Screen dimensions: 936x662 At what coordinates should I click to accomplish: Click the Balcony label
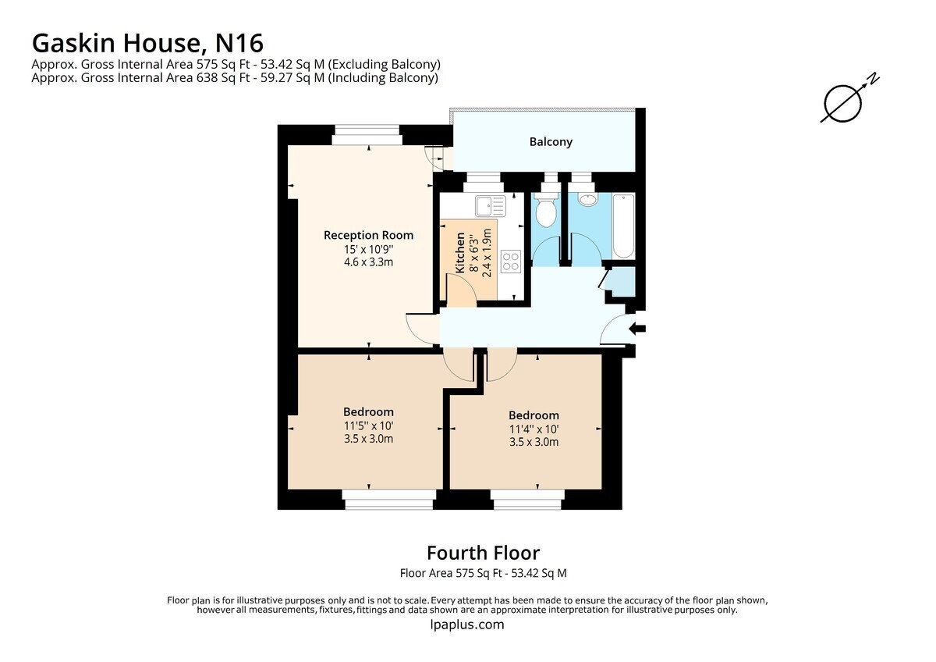click(x=551, y=142)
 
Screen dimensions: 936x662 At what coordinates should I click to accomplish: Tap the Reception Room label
click(x=368, y=236)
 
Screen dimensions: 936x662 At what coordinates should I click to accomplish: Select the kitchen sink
click(x=490, y=206)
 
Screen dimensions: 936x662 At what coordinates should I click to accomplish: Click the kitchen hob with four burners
click(x=511, y=262)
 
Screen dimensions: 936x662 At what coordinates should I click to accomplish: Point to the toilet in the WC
click(x=546, y=210)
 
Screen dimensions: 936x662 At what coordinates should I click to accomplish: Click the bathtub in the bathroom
click(x=623, y=226)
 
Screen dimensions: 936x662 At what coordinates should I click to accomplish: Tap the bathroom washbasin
click(x=588, y=200)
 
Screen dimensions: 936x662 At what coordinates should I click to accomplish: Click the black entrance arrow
click(x=637, y=329)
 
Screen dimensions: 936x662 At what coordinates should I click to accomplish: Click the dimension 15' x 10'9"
click(x=368, y=250)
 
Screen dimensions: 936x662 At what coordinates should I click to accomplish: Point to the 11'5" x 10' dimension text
click(x=368, y=426)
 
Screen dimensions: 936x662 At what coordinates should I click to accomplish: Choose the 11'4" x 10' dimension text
click(x=534, y=429)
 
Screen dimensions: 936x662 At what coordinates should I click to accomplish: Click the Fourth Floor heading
click(x=483, y=553)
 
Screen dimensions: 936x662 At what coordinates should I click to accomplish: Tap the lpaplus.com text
click(x=466, y=625)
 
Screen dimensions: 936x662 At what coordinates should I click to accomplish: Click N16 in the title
click(x=239, y=43)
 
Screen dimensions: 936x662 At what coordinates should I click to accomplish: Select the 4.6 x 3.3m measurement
click(x=368, y=262)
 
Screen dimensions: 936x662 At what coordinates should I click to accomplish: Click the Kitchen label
click(x=460, y=253)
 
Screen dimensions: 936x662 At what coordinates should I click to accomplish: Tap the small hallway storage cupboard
click(x=621, y=282)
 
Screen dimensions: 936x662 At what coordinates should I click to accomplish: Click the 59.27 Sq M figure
click(x=292, y=78)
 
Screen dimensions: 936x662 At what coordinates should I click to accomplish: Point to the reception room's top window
click(x=367, y=135)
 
